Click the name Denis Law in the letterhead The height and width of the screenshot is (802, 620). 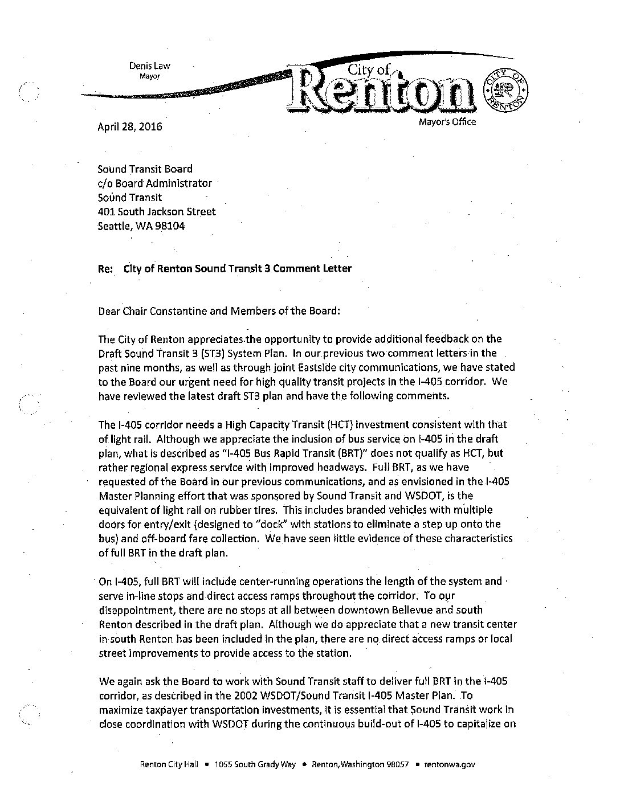tap(149, 66)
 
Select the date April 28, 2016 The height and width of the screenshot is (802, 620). tap(130, 126)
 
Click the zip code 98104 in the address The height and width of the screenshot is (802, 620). tap(168, 226)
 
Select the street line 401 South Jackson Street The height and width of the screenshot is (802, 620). tap(157, 212)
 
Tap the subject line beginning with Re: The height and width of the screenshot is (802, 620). tap(225, 268)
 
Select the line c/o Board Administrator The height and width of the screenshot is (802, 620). tap(154, 183)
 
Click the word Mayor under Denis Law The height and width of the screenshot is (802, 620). tap(150, 76)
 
